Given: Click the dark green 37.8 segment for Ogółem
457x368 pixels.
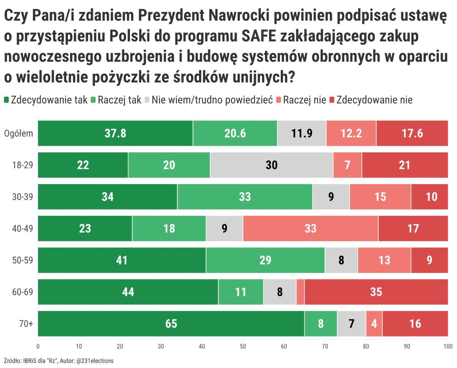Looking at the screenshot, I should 115,133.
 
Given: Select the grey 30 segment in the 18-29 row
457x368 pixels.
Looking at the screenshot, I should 272,165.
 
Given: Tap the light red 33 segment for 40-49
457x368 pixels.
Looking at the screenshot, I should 310,228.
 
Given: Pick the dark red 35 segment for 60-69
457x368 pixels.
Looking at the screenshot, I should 376,292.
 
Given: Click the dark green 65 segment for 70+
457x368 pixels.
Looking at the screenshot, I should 171,323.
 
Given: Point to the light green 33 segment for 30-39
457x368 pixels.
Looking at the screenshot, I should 245,197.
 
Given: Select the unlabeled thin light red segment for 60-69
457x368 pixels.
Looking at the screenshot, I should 300,292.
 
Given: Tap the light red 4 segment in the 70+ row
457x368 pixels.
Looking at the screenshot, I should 374,323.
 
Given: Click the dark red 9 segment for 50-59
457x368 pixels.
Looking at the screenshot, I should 429,260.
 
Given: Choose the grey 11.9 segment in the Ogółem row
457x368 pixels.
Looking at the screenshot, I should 302,133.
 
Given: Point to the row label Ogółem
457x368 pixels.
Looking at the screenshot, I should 19,134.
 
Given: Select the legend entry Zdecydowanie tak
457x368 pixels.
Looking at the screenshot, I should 45,100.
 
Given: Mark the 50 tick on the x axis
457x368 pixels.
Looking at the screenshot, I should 243,346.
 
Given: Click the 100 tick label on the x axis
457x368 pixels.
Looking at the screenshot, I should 447,346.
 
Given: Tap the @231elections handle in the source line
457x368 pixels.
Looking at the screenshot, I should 95,360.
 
